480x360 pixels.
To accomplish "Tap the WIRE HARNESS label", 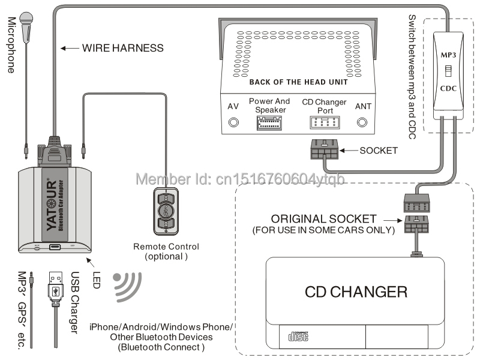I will tap(122, 47).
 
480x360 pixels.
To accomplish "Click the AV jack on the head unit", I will tap(233, 122).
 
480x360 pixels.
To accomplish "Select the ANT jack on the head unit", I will tap(362, 122).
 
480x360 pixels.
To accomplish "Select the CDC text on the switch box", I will tap(450, 87).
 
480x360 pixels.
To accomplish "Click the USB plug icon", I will tap(55, 285).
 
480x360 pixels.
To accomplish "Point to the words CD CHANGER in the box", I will tap(356, 292).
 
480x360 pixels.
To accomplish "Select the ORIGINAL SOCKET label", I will tap(323, 219).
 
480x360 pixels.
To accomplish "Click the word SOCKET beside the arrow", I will tap(379, 150).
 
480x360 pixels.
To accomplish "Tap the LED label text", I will tap(97, 279).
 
